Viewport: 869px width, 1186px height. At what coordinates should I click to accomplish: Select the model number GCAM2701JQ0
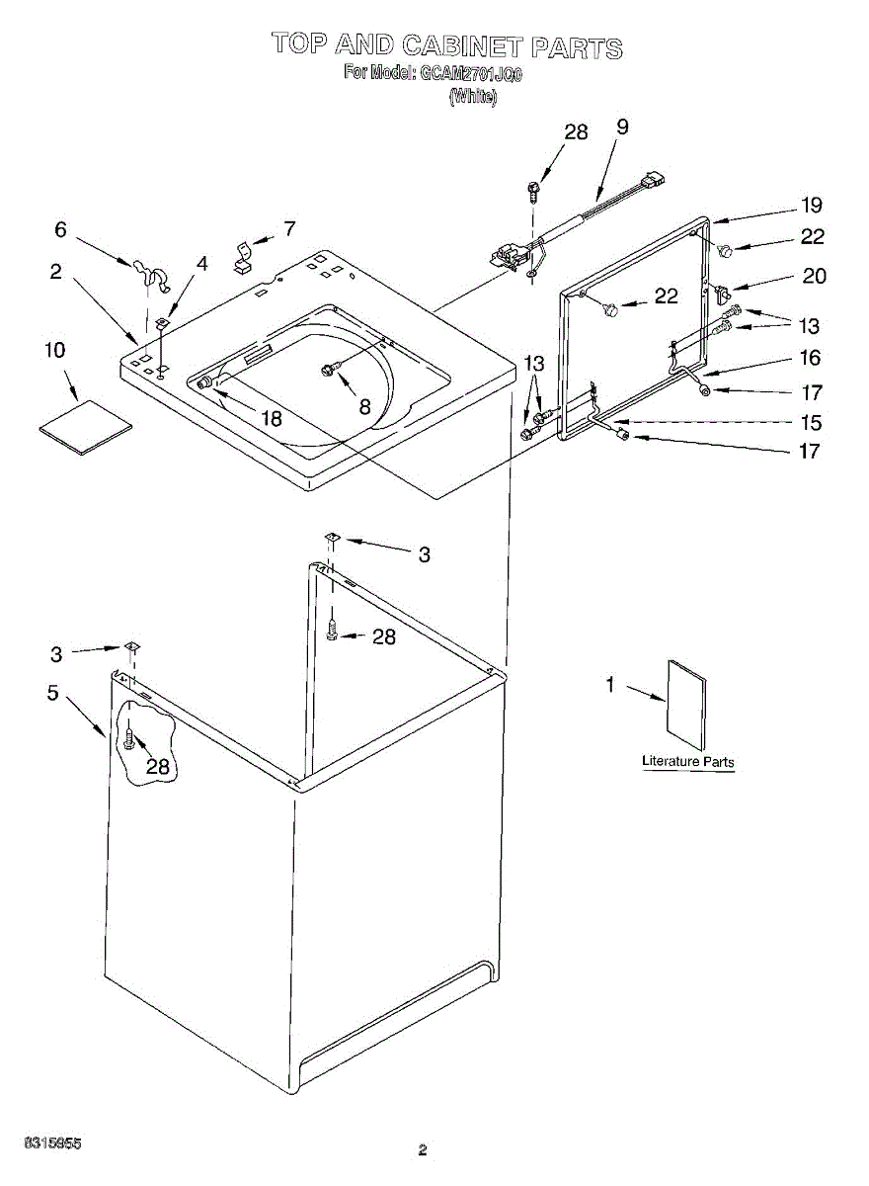click(471, 73)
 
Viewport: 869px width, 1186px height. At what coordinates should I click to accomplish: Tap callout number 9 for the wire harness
click(622, 127)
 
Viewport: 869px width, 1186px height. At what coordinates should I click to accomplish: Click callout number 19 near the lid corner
click(812, 206)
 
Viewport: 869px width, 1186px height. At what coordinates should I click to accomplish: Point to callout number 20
click(814, 277)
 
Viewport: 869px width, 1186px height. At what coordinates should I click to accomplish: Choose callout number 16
click(810, 358)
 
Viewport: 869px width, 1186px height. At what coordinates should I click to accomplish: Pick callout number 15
click(810, 423)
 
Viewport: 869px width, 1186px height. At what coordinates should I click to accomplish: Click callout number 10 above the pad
click(55, 350)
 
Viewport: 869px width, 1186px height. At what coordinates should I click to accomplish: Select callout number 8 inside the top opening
click(364, 404)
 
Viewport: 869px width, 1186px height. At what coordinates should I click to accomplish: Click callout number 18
click(270, 418)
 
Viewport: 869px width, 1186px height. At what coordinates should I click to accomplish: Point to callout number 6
click(61, 229)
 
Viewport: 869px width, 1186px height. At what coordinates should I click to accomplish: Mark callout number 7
click(288, 228)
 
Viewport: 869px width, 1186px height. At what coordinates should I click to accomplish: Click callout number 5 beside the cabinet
click(53, 693)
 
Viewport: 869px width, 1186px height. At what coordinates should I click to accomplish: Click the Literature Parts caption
click(688, 761)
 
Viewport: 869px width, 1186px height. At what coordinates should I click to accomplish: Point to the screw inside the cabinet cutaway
click(128, 737)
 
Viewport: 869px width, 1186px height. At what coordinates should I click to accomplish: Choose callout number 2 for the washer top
click(56, 271)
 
